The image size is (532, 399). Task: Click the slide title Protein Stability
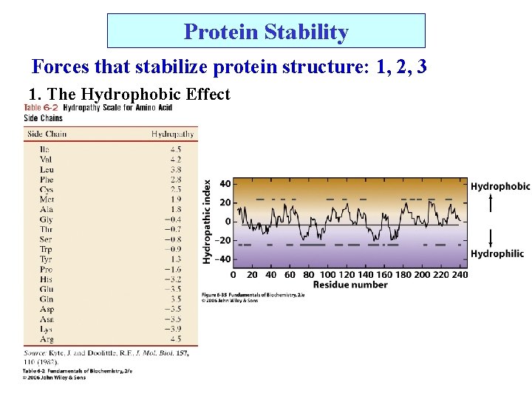266,32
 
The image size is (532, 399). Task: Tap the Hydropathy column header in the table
173,134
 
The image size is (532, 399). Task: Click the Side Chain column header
47,134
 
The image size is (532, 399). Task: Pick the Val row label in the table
46,159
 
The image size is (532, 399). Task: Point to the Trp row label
46,249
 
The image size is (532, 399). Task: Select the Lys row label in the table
46,329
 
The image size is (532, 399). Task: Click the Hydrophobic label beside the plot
500,186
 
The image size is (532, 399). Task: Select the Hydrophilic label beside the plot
497,253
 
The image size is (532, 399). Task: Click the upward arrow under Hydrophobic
491,203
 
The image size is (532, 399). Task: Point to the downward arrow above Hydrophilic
491,237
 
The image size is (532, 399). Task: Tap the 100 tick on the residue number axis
327,275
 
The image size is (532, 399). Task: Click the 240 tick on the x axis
459,275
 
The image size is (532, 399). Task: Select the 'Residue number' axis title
350,285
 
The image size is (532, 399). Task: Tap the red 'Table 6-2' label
41,108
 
